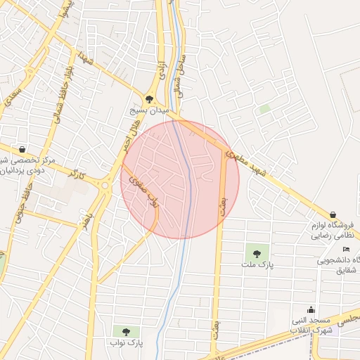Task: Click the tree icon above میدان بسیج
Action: tap(149, 99)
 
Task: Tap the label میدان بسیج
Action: tap(150, 111)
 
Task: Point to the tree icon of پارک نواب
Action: tap(126, 331)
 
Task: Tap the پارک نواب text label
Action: tap(127, 343)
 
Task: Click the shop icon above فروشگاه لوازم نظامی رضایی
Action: tap(333, 214)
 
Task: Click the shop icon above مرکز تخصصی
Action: tap(23, 149)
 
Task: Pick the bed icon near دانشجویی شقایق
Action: tap(345, 250)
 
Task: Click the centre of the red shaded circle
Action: tap(180, 180)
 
